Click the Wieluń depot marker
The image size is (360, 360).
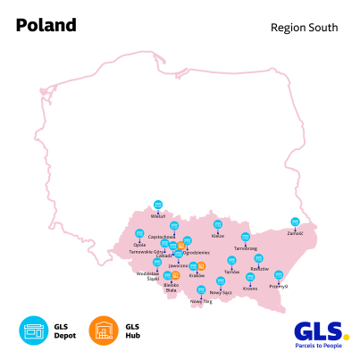[158, 205]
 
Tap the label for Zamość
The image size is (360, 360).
[296, 233]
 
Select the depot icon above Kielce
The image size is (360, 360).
[218, 225]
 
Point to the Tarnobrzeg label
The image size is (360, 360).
[246, 248]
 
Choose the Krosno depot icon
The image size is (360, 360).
[250, 278]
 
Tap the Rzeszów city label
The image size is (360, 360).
[259, 268]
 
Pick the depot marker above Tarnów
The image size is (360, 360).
[232, 261]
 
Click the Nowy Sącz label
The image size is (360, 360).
[221, 292]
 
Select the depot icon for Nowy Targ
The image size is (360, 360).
[201, 290]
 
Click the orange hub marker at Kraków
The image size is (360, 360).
[202, 266]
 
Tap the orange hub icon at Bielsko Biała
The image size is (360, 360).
[176, 275]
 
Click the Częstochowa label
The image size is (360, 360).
[161, 237]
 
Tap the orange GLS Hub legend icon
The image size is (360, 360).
[104, 331]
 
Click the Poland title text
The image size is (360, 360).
[46, 25]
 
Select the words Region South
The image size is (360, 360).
[304, 28]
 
